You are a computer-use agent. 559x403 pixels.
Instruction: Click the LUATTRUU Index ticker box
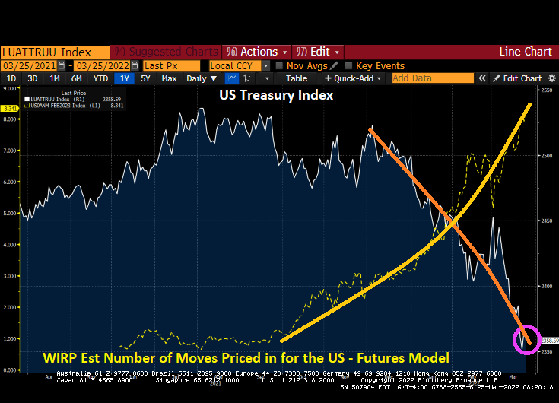tap(47, 52)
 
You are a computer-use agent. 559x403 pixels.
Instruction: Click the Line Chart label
tap(526, 52)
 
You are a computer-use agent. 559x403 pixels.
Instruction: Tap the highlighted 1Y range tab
tap(123, 78)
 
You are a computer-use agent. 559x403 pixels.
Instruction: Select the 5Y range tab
tap(145, 78)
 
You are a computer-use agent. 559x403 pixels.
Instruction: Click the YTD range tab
tap(100, 78)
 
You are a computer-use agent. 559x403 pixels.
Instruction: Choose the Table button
tap(297, 78)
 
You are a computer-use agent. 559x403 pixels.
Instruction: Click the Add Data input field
tap(432, 78)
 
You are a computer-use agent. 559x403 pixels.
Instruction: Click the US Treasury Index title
tap(276, 96)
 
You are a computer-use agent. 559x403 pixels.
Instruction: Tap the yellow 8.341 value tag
tap(11, 109)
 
